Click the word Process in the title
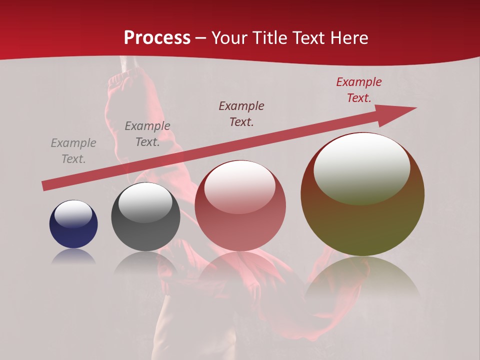tap(157, 38)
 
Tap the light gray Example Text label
tap(73, 151)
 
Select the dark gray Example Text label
tap(147, 134)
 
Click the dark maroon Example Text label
tap(241, 113)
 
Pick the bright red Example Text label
tap(358, 90)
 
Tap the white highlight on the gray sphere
tap(145, 203)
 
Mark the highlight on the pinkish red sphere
tap(240, 187)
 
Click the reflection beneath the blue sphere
tap(73, 257)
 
